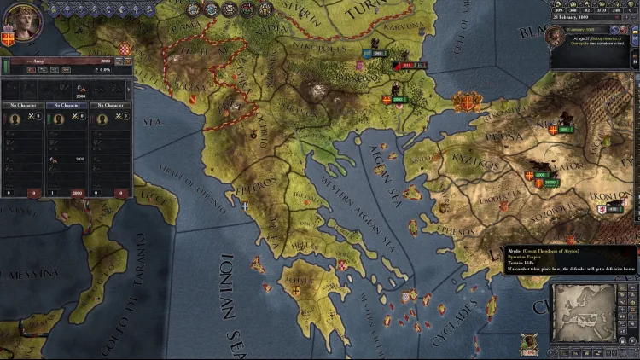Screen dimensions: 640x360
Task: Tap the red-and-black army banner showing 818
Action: pos(407,65)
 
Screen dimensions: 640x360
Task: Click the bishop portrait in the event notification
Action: pos(556,35)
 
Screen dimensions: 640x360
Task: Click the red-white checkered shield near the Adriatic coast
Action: pos(125,49)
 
